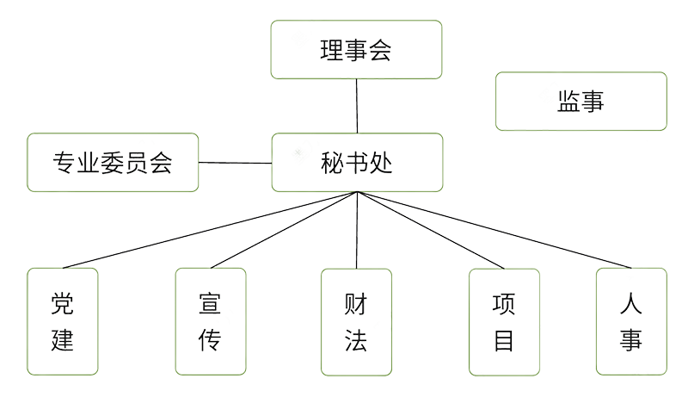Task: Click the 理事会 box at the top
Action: [x=356, y=48]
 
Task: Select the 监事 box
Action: [x=581, y=101]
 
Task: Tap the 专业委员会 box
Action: [x=113, y=162]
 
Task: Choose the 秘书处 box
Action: [x=356, y=162]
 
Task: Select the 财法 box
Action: [x=356, y=321]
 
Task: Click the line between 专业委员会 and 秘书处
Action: [x=235, y=163]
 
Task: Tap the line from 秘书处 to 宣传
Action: [x=284, y=230]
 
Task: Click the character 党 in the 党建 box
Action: [x=63, y=303]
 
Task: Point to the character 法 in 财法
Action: [x=356, y=341]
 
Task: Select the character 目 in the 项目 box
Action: [x=504, y=341]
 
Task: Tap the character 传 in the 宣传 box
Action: [x=210, y=341]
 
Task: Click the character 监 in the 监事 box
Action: [x=566, y=102]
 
